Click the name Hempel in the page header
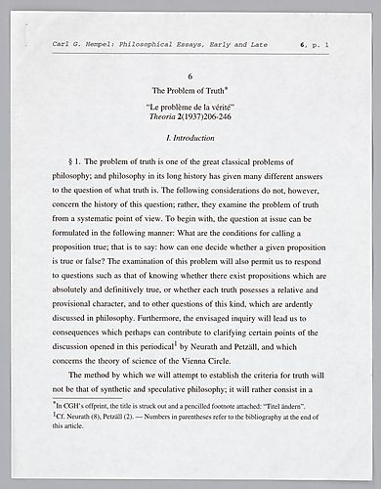pyautogui.click(x=110, y=46)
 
